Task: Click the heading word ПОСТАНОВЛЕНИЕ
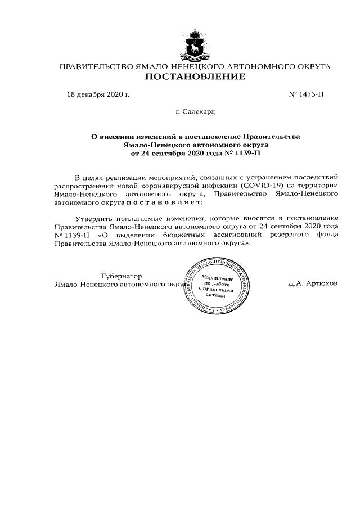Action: click(x=195, y=76)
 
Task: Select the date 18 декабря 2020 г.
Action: click(x=98, y=94)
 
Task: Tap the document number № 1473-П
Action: click(x=307, y=94)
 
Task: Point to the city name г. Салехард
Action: click(x=195, y=112)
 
